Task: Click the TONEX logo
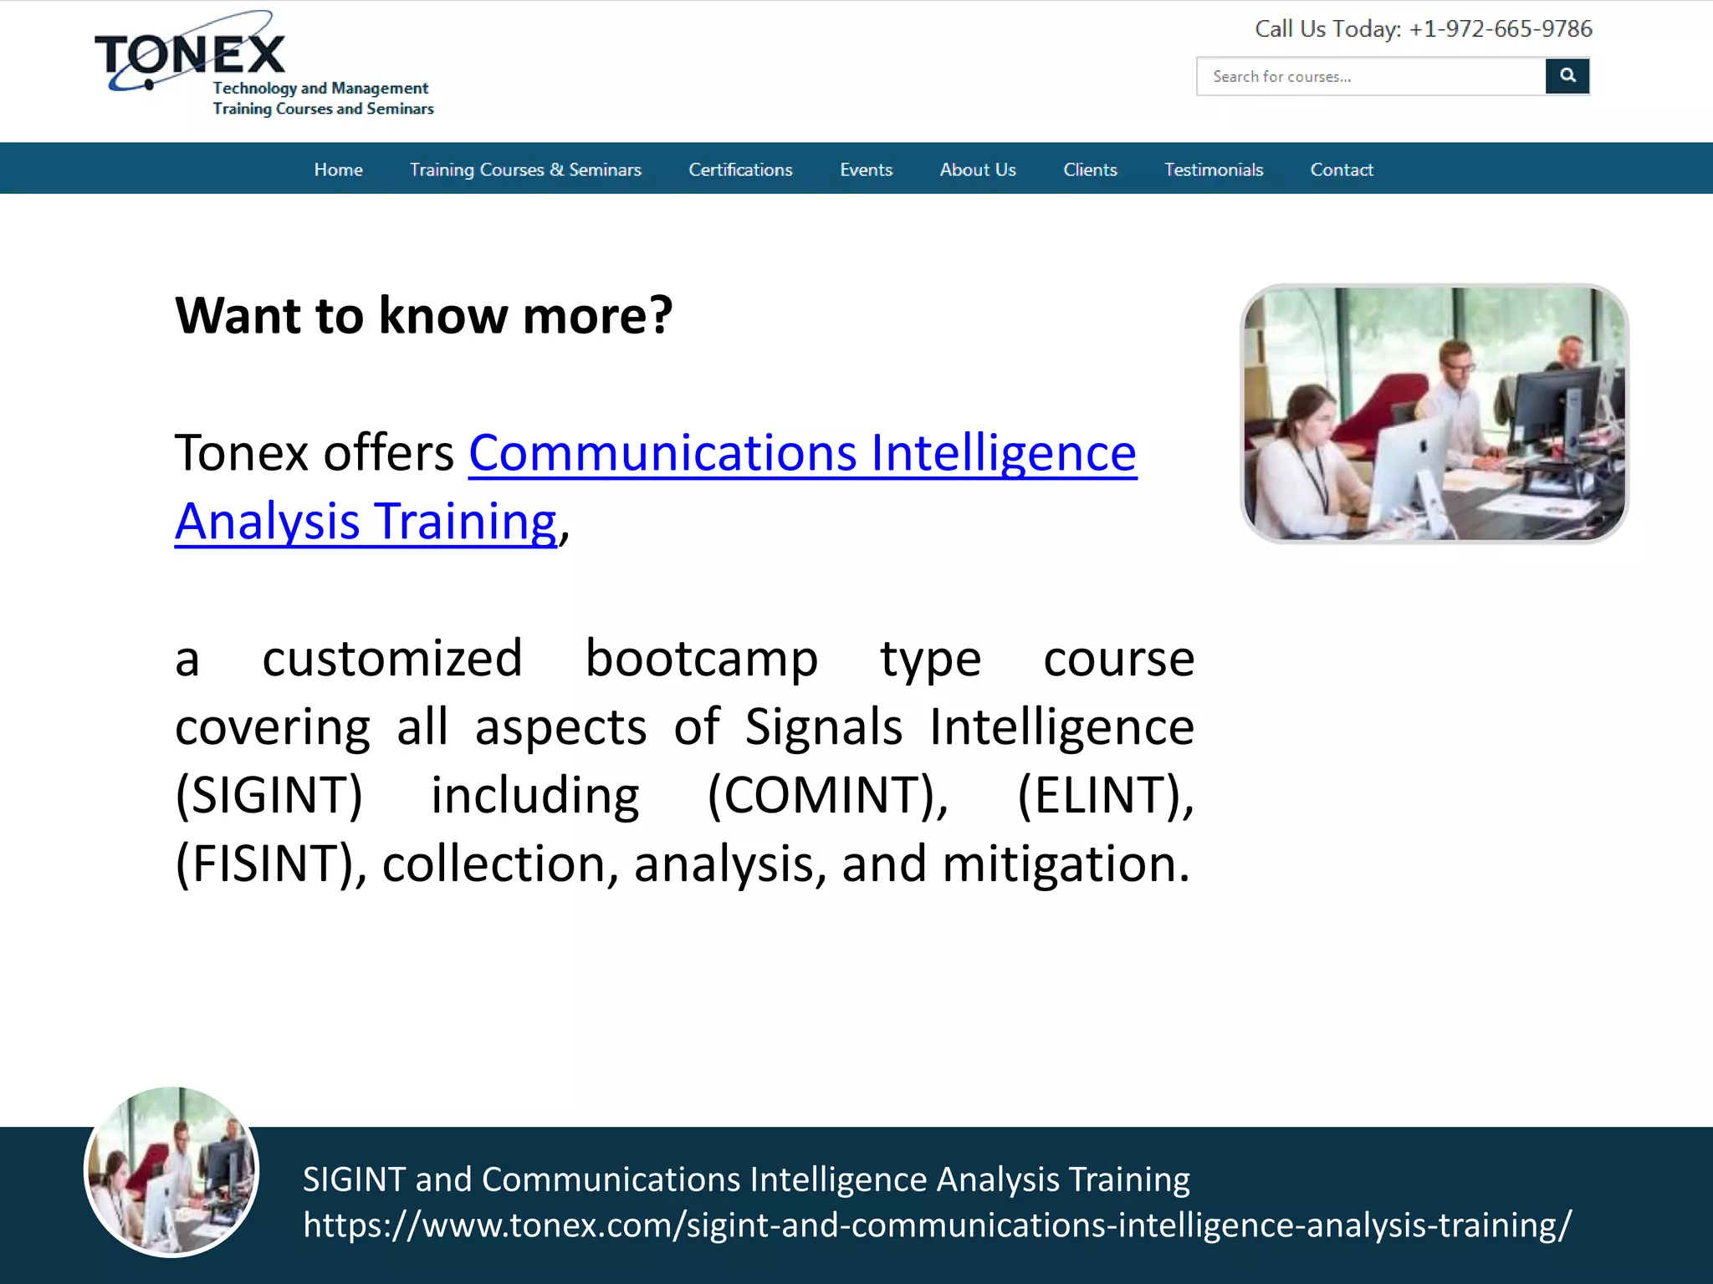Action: (191, 55)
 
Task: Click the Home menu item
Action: (338, 170)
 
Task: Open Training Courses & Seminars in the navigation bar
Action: (525, 170)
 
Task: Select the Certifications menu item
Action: (740, 170)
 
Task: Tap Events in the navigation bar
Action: (866, 170)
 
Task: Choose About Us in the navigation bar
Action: (978, 170)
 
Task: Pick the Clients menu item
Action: (1090, 170)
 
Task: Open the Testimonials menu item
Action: (1214, 170)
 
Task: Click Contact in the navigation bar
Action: (1342, 170)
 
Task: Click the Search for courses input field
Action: (1370, 77)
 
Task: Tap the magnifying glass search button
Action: (1567, 76)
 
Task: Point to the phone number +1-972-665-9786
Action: (1501, 29)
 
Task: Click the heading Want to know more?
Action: (423, 316)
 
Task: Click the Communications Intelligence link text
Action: (802, 454)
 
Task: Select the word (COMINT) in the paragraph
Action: (827, 795)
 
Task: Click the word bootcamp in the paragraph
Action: (701, 659)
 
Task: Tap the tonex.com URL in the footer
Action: (937, 1225)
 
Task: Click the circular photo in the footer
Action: (171, 1171)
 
